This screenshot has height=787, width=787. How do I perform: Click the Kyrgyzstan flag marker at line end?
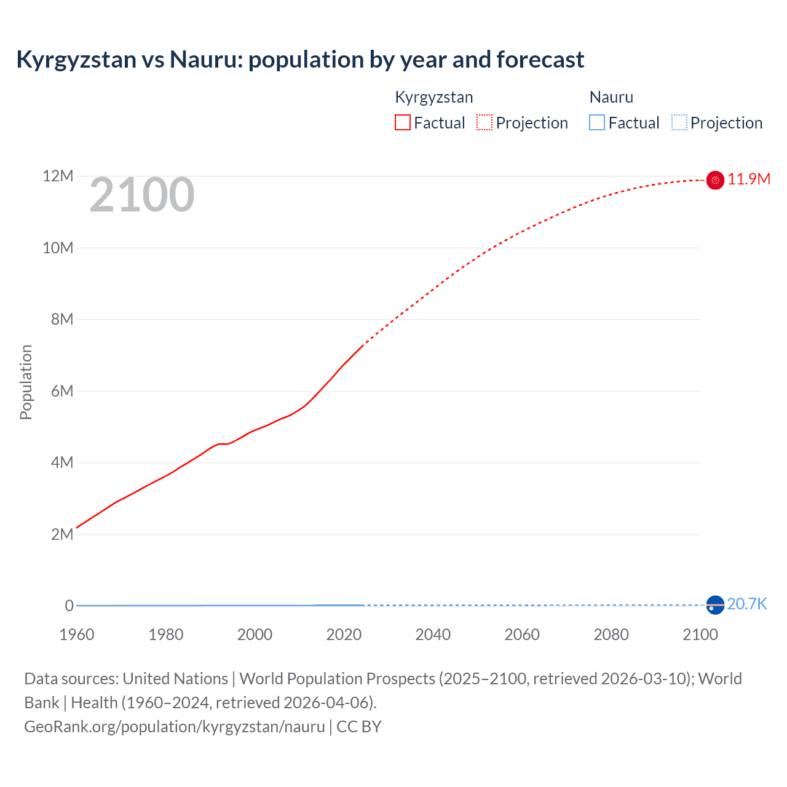tap(715, 180)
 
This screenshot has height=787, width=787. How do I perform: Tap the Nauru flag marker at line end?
tap(715, 605)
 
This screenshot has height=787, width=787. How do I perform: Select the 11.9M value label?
tap(749, 179)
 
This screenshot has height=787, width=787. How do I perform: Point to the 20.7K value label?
tap(747, 604)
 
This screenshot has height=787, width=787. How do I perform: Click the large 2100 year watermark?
tap(142, 196)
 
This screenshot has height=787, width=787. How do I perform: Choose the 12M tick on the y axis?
tap(58, 176)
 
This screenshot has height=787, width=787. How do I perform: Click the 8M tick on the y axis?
tap(62, 319)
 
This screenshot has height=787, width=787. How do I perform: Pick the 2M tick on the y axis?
tap(62, 534)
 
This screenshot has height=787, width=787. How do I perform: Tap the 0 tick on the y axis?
tap(69, 606)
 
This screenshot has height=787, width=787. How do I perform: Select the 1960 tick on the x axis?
tap(77, 635)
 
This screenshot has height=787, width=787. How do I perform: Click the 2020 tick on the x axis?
tap(344, 635)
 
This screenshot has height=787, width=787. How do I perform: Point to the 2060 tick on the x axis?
tap(522, 635)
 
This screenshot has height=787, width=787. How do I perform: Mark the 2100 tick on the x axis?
tap(700, 635)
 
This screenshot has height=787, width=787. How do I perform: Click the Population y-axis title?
tap(26, 382)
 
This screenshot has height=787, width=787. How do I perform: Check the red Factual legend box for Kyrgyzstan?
tap(403, 123)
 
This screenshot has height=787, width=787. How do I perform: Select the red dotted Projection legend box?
tap(484, 123)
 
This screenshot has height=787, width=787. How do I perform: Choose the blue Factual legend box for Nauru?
tap(597, 123)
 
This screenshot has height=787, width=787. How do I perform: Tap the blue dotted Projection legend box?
tap(679, 123)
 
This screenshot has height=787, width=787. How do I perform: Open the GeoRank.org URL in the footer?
tap(175, 727)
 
